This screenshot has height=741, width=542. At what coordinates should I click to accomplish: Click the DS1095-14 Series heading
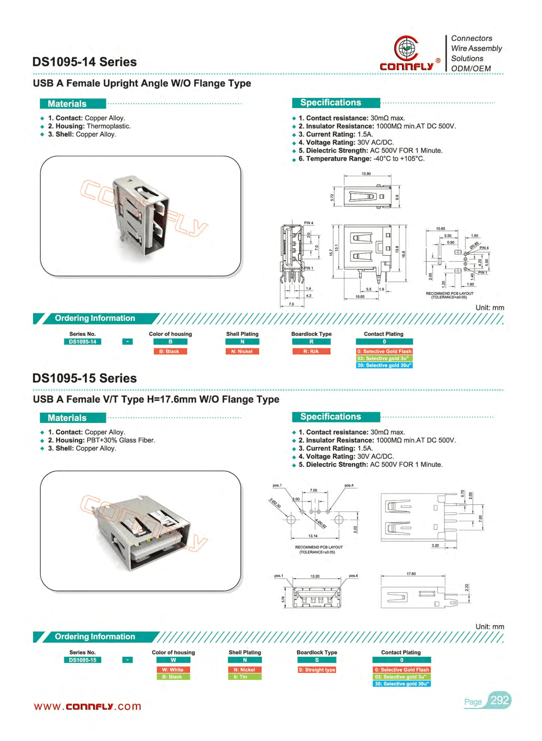tap(84, 62)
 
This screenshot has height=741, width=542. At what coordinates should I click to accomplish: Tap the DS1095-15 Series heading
tap(84, 378)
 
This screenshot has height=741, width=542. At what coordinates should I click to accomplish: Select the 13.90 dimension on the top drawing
tap(366, 174)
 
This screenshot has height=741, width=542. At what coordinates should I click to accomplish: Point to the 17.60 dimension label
tap(411, 574)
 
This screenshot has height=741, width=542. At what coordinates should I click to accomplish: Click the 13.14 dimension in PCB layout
tap(313, 536)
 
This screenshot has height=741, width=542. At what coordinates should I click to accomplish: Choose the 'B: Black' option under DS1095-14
tap(170, 352)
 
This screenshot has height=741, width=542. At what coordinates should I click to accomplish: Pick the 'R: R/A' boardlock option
tap(311, 352)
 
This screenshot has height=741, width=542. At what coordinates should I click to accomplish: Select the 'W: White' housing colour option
tap(173, 670)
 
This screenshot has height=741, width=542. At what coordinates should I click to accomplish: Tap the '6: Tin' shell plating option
tap(240, 677)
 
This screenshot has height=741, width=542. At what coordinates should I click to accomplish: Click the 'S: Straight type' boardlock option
tap(317, 670)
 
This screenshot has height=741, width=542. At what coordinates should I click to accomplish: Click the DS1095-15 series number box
tap(83, 660)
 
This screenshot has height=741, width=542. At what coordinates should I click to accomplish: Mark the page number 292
tap(500, 700)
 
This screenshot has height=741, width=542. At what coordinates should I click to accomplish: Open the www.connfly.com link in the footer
tap(88, 707)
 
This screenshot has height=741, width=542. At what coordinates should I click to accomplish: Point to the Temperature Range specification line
tap(361, 159)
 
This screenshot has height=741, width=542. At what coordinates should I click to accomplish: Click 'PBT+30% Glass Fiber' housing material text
tap(121, 440)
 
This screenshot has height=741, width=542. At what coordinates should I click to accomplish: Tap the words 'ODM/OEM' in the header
tap(471, 68)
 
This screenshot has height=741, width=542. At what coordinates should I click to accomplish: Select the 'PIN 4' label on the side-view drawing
tap(308, 223)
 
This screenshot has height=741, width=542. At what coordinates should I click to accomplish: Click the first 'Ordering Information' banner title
tap(95, 318)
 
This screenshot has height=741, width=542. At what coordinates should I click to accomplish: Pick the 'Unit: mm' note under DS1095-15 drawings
tap(490, 627)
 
